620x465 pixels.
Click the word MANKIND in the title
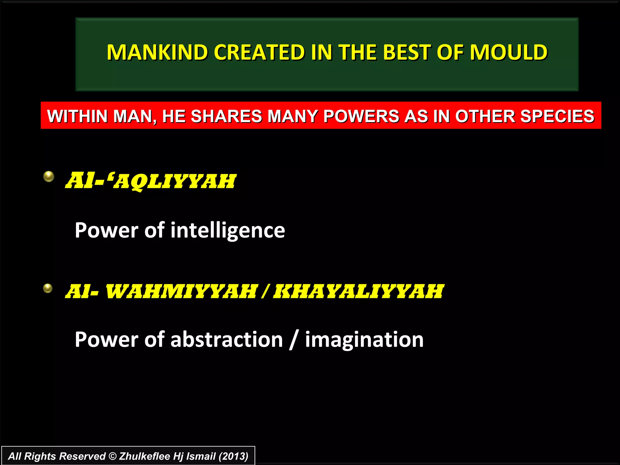click(x=157, y=52)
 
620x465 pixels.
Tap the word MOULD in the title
click(x=508, y=52)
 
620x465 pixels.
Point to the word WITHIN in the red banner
click(x=77, y=116)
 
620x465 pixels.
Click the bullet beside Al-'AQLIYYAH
click(x=48, y=176)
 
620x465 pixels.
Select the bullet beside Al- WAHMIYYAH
click(x=48, y=288)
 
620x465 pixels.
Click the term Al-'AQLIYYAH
click(x=150, y=181)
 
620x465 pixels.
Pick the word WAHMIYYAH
click(x=181, y=292)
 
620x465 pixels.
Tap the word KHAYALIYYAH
click(x=358, y=292)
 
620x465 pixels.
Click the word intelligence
click(x=228, y=231)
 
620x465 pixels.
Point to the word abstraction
click(x=226, y=339)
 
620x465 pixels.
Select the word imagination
click(x=364, y=339)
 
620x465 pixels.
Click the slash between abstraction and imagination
click(x=293, y=340)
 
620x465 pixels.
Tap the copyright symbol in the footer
click(x=112, y=456)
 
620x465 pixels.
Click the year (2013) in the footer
click(x=233, y=456)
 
